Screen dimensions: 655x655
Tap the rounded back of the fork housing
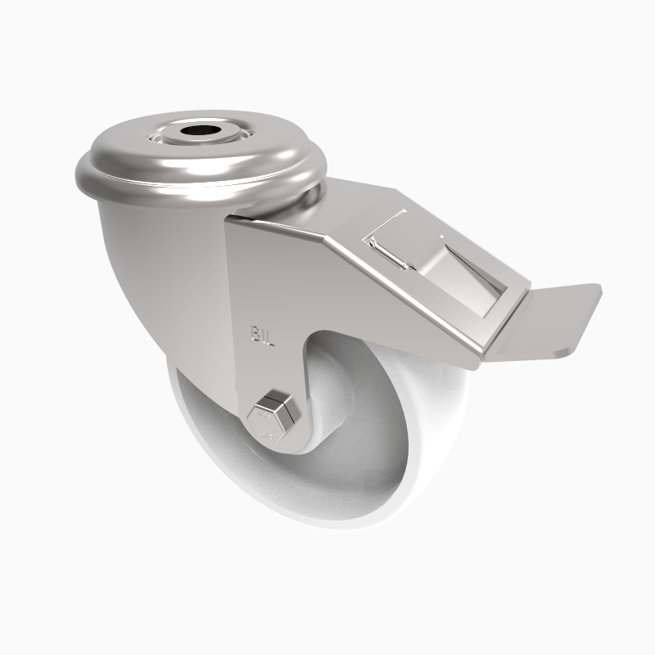coord(131,270)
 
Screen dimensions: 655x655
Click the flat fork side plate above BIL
coord(262,270)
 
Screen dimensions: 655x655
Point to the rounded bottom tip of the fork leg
coord(278,446)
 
